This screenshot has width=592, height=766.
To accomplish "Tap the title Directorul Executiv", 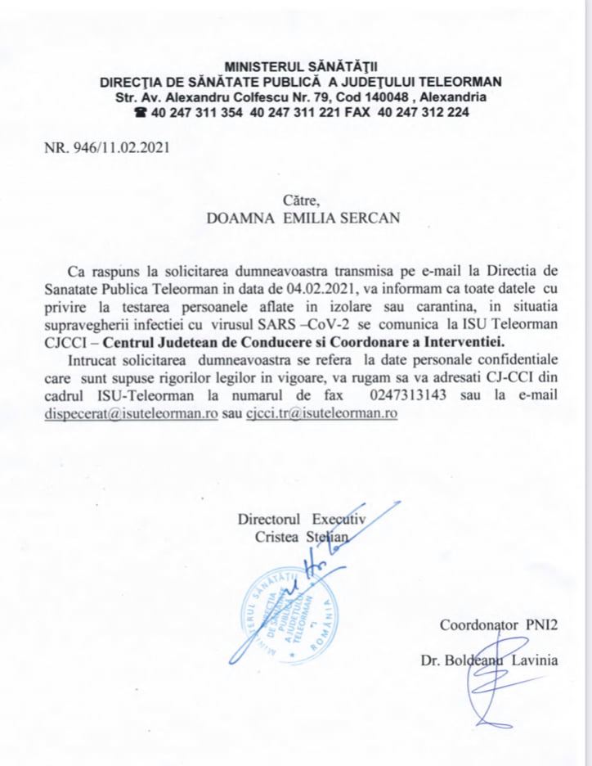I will click(300, 519).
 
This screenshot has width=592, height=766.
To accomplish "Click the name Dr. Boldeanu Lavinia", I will click(491, 660).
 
